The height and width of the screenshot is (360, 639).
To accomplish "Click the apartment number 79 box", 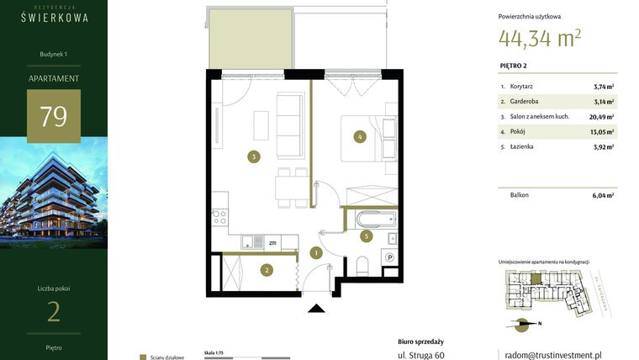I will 54,116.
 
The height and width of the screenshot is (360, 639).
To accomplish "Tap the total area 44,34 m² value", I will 539,38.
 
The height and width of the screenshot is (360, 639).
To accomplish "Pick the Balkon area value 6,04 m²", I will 602,195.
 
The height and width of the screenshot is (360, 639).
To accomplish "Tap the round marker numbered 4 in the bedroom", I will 359,136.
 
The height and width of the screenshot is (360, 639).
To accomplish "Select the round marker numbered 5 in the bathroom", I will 366,236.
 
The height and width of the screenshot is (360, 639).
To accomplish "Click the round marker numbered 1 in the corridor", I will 316,252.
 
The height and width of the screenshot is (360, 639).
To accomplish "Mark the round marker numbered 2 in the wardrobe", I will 266,270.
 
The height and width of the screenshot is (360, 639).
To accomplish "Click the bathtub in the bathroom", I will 375,220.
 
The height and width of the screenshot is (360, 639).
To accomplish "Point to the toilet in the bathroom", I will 362,266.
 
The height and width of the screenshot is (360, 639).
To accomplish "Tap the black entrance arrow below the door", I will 316,308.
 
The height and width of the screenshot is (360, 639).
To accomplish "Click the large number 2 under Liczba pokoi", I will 54,312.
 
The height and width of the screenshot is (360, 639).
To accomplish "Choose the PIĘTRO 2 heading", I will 515,66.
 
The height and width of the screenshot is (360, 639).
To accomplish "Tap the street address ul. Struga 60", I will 420,355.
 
